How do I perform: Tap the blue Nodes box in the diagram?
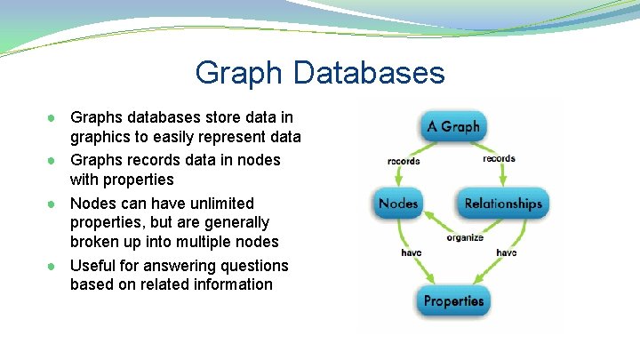click(x=398, y=204)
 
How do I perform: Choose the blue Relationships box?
click(x=502, y=204)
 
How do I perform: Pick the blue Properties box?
click(x=452, y=300)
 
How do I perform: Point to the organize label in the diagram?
click(x=464, y=237)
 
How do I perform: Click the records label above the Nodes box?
click(x=404, y=161)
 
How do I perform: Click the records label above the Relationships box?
click(x=499, y=159)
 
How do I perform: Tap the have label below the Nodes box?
click(x=411, y=253)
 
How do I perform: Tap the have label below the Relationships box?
click(x=505, y=253)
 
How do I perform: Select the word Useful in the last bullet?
click(x=92, y=266)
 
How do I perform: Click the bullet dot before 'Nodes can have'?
click(x=54, y=204)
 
